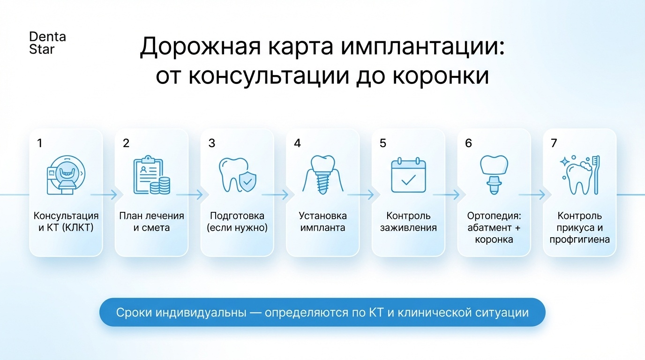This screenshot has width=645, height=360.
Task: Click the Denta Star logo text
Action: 47,43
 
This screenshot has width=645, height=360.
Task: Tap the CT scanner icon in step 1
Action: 66,174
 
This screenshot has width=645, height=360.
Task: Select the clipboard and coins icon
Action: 151,175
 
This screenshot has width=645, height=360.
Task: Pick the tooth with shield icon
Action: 237,175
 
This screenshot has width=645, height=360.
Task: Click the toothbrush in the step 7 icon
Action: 596,175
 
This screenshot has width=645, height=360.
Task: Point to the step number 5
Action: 383,143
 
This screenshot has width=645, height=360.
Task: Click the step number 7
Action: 554,143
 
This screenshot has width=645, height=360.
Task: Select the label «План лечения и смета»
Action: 151,222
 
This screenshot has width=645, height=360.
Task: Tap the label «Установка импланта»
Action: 322,222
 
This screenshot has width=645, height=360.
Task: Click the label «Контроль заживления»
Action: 408,222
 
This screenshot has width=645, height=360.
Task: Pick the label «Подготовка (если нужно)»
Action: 237,222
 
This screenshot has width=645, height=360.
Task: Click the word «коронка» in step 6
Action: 494,240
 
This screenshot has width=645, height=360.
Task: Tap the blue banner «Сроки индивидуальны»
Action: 322,312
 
